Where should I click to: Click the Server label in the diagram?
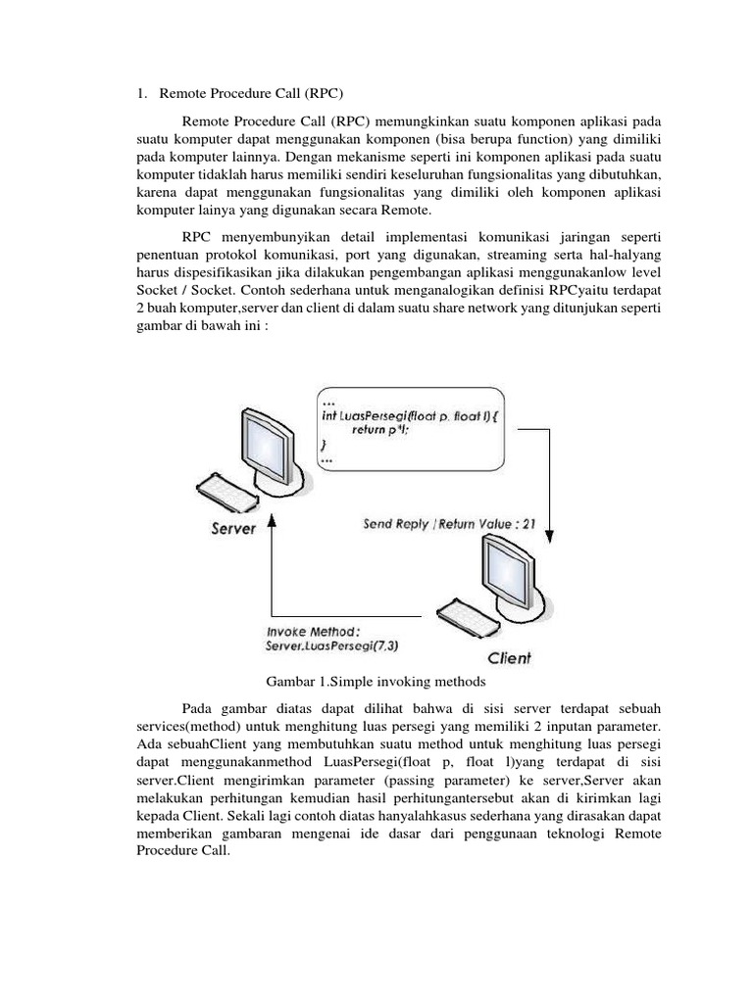click(x=233, y=529)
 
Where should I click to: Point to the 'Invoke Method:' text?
click(x=311, y=631)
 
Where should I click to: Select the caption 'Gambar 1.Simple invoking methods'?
click(x=376, y=681)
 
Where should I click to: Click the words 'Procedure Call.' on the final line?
click(x=182, y=850)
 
